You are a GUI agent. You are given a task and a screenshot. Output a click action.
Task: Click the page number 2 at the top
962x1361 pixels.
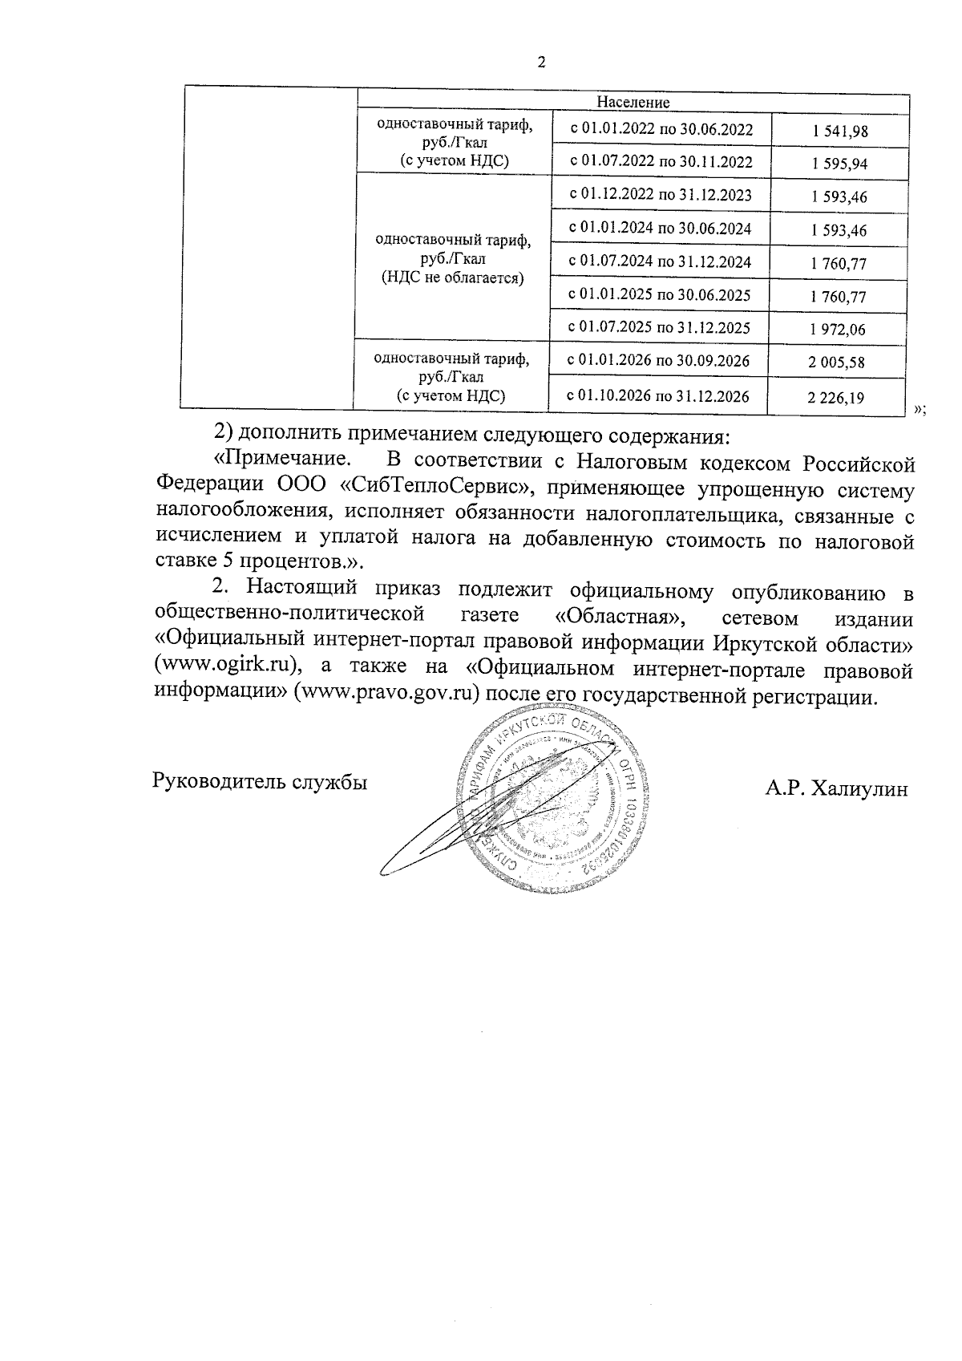coord(540,64)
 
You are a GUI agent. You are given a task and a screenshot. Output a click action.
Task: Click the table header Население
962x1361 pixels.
coord(633,103)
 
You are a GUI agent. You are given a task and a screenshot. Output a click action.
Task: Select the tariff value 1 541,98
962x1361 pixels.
coord(839,132)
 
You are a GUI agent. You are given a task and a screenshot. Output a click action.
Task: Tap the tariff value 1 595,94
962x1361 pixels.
coord(839,165)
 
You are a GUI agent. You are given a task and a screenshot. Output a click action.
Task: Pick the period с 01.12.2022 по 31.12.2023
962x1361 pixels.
coord(660,195)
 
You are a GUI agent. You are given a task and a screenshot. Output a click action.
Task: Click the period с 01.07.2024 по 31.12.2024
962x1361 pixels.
coord(660,261)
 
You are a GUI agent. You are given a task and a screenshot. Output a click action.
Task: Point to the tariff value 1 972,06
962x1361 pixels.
coord(839,329)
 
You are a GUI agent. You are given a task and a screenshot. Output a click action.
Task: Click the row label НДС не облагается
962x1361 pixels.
coord(452,278)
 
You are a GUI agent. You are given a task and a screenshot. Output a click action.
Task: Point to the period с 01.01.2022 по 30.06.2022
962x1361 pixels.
coord(661,129)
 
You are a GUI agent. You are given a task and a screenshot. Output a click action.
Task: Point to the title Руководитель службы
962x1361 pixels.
coord(260,781)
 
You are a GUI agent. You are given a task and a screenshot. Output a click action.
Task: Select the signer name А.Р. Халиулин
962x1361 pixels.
coord(836,789)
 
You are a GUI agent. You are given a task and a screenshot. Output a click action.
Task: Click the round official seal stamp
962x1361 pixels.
coord(553,802)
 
